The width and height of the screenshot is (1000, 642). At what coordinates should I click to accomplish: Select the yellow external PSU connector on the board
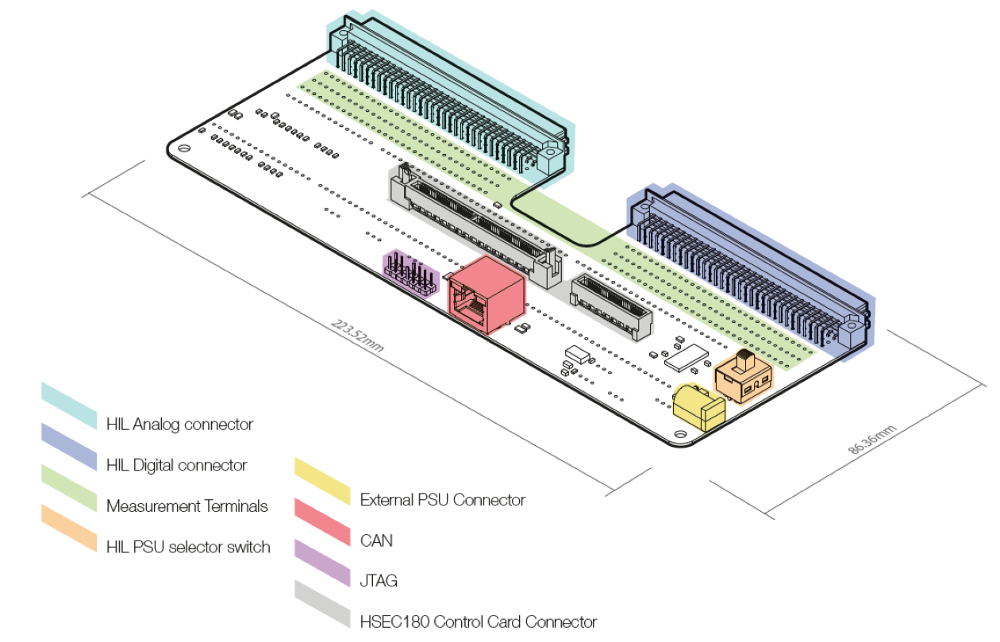pos(699,406)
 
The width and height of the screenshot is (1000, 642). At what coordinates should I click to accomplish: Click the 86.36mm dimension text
pos(872,439)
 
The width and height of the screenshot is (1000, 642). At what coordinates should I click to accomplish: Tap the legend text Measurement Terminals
pos(187,506)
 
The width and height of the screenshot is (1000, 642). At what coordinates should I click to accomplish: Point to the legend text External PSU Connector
pos(443,500)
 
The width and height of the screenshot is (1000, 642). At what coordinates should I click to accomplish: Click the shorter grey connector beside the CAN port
pos(611,305)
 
